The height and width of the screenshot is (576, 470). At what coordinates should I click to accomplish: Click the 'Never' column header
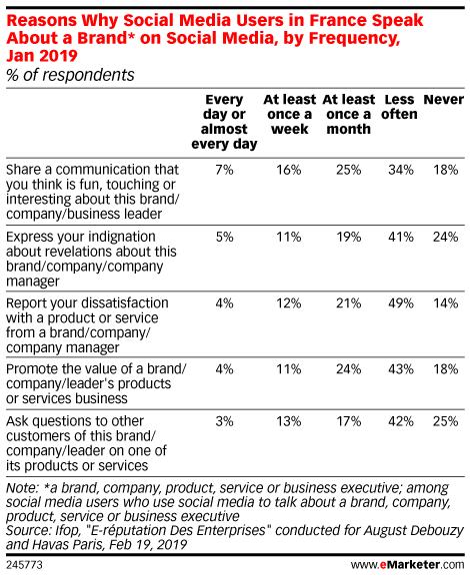point(444,100)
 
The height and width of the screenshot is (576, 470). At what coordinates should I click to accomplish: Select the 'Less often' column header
point(399,107)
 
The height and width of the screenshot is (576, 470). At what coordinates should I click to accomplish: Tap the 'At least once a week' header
point(290,114)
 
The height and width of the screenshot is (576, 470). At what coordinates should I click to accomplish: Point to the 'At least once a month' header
point(349,114)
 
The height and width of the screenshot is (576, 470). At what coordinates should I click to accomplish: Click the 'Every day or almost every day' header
point(224,122)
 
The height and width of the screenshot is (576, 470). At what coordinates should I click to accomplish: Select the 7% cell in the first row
point(225,170)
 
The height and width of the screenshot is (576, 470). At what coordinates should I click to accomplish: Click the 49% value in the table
point(401,303)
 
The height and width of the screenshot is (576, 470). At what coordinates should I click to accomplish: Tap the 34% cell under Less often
point(401,170)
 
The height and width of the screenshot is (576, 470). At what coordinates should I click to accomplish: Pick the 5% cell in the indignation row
point(225,237)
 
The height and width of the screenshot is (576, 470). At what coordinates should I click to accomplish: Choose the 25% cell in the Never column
point(445,421)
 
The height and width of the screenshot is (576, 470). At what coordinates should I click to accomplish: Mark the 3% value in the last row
point(225,421)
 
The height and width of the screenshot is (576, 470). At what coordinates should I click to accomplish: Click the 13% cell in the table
point(289,421)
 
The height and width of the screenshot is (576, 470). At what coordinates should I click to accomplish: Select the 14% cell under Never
point(445,303)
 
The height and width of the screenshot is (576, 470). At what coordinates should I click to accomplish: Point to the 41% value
point(401,237)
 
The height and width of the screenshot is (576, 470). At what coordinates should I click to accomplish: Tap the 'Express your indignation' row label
point(91,259)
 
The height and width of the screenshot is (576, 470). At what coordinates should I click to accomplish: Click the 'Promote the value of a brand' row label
point(96,384)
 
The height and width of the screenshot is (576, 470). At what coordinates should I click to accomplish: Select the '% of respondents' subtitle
point(70,75)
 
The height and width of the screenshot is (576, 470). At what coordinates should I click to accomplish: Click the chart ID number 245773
point(24,565)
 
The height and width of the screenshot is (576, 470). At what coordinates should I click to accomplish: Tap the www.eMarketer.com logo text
point(407,565)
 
